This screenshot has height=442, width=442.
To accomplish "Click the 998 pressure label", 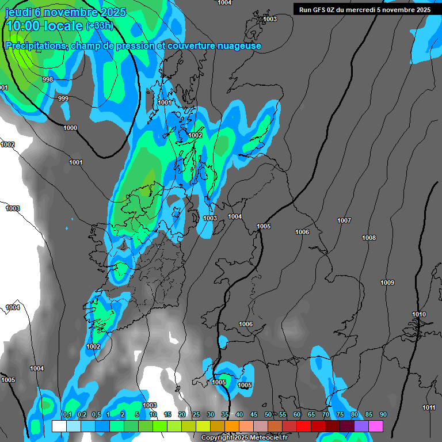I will (x=48, y=79).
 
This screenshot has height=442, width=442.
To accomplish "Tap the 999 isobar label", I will (x=63, y=98).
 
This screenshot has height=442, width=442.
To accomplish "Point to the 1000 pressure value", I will (x=70, y=128).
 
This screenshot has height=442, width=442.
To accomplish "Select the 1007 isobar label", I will (x=344, y=220).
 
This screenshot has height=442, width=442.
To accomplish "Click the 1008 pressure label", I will (x=369, y=238).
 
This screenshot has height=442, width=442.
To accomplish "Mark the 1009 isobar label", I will (x=387, y=283).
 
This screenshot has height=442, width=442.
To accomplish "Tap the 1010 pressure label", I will (x=419, y=314).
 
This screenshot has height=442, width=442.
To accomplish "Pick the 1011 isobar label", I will (x=429, y=407).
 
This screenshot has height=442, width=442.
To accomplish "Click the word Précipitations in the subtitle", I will (x=35, y=45).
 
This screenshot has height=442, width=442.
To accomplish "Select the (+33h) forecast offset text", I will (x=100, y=26).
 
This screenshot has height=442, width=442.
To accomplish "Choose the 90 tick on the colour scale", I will (x=383, y=414).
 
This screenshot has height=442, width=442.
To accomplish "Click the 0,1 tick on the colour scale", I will (x=67, y=414).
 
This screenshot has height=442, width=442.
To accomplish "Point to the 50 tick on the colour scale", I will (x=268, y=414).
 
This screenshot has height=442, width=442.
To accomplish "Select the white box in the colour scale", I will (x=59, y=426).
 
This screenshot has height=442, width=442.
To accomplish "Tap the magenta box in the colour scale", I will (x=376, y=426).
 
